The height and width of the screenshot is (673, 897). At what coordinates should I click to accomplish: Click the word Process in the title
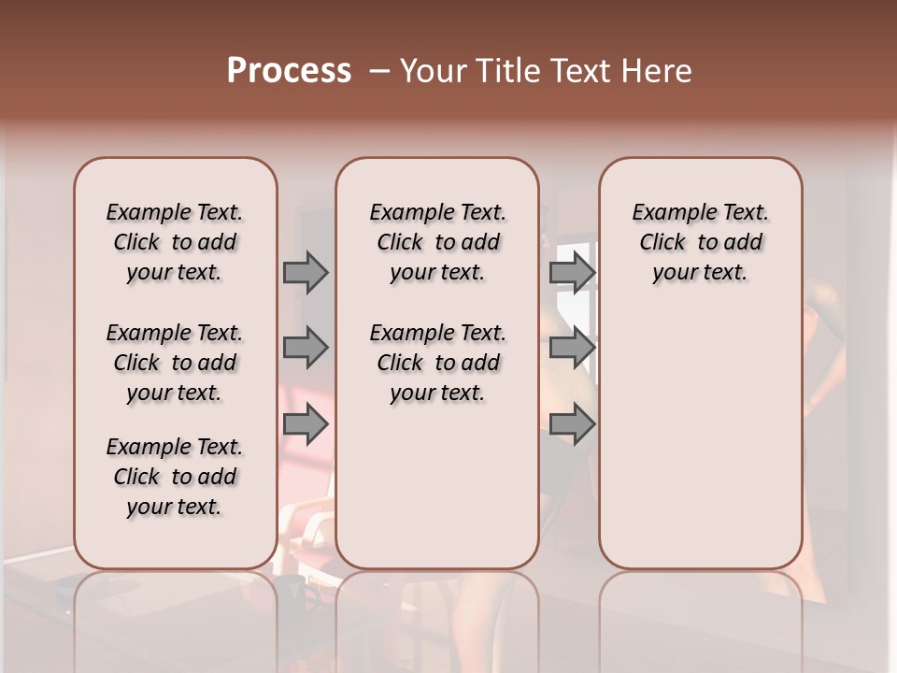[289, 71]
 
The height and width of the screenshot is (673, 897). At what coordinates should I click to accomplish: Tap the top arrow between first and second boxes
[306, 272]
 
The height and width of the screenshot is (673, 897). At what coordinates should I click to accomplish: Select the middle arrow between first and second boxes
[306, 349]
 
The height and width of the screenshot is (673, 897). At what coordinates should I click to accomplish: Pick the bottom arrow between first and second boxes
[306, 424]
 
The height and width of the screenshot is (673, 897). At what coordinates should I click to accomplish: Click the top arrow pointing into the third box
[572, 272]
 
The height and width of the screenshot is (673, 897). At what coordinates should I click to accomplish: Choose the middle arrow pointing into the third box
[572, 349]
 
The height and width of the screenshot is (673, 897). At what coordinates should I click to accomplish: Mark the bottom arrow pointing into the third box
[572, 424]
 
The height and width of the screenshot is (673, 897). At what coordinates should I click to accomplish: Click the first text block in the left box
[175, 242]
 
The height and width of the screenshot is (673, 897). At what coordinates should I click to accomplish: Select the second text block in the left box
[175, 363]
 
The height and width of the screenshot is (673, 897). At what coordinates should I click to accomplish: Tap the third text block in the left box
[175, 477]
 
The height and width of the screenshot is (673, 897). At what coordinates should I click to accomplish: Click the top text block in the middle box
[437, 242]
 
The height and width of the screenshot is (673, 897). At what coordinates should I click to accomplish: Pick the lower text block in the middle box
[437, 363]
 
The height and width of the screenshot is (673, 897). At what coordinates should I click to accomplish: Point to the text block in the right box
[700, 242]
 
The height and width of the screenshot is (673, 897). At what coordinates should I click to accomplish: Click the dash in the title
[378, 71]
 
